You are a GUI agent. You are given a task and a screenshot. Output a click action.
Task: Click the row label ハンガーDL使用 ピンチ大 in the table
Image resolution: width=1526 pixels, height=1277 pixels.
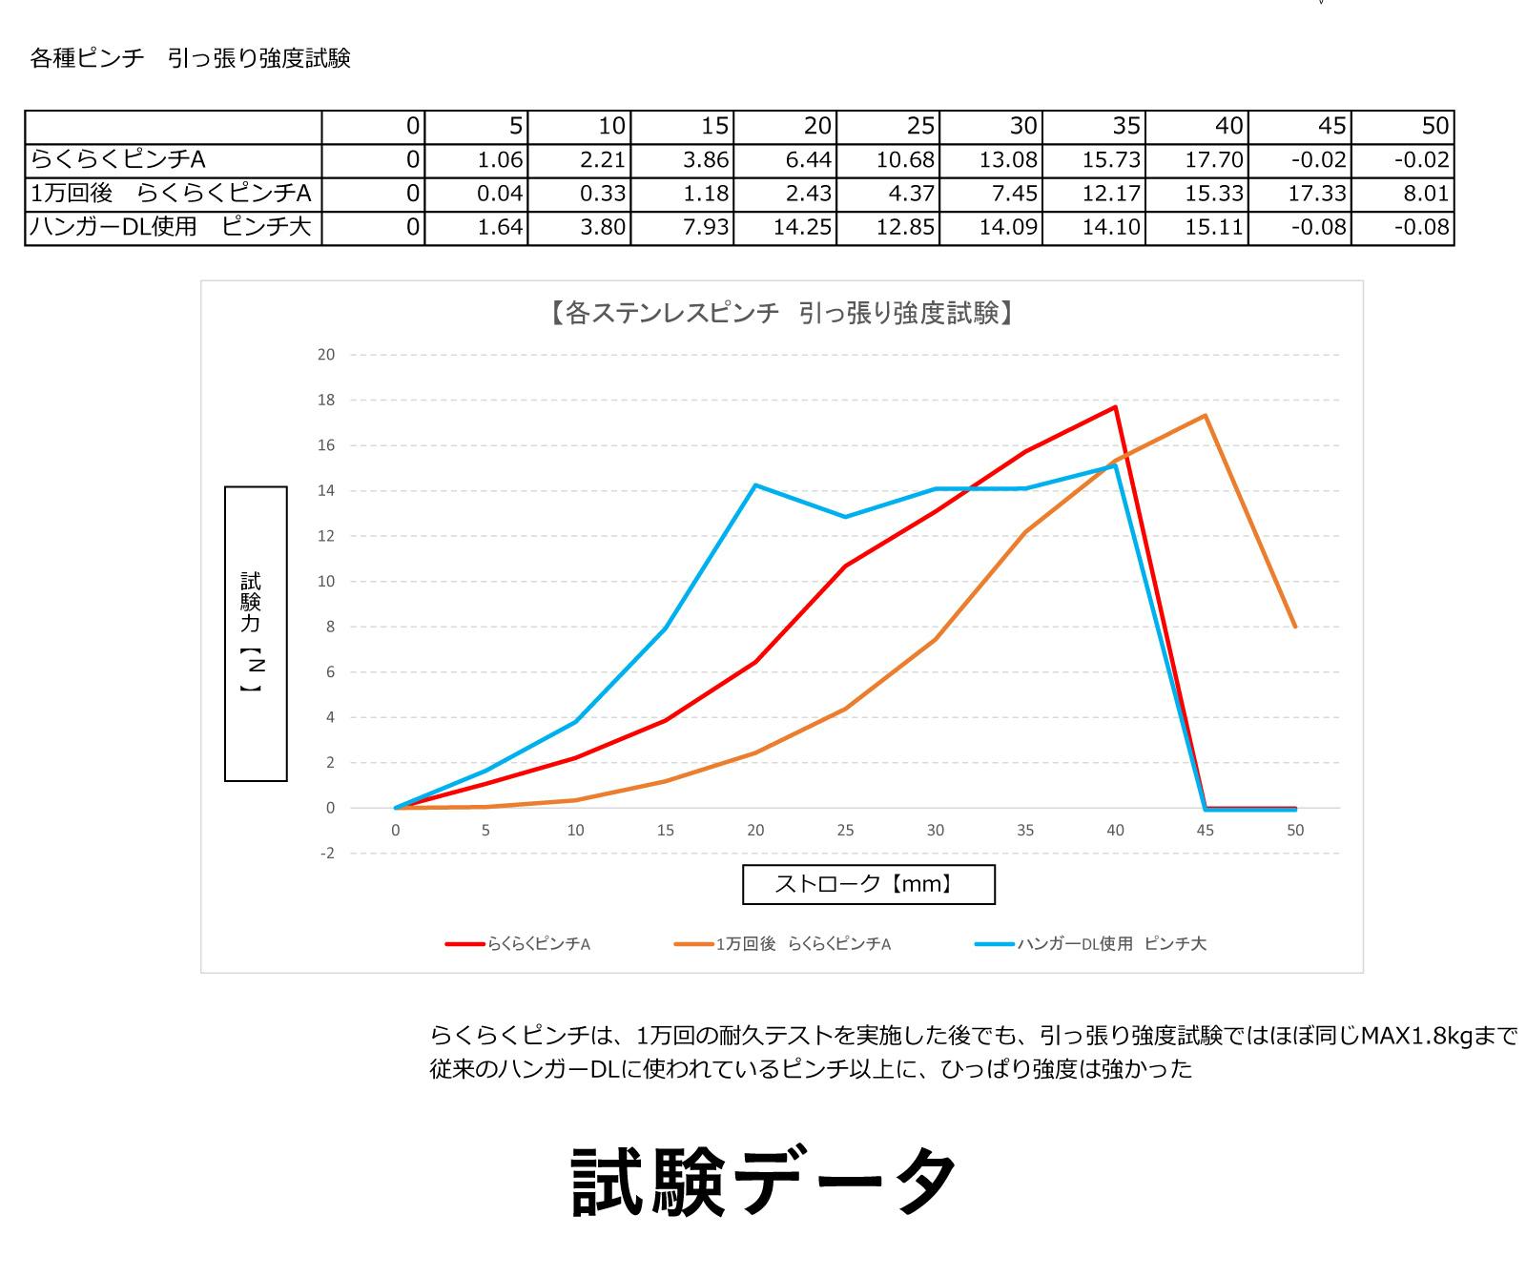click(172, 228)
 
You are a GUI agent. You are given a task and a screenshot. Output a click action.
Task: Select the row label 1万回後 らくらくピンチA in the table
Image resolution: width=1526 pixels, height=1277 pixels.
click(172, 194)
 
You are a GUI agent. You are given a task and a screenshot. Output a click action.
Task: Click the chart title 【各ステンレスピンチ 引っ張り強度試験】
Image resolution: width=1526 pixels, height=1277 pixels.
click(780, 313)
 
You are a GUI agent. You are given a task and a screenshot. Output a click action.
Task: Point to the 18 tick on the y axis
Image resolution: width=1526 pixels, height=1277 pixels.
click(326, 401)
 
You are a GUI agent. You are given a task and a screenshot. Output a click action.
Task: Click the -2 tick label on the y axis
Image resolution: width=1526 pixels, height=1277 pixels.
click(326, 854)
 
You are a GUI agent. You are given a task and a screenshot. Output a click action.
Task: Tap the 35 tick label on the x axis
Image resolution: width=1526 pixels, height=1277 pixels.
click(1025, 831)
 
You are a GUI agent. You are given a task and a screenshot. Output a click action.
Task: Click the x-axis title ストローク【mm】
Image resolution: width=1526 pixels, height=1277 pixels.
click(868, 884)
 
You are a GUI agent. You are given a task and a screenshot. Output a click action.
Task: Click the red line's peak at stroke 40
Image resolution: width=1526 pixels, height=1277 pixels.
click(1115, 407)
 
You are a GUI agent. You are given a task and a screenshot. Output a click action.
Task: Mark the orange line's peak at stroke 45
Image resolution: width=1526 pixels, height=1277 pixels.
click(1206, 415)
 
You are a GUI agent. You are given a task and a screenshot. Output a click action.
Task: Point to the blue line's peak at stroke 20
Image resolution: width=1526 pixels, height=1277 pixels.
click(755, 485)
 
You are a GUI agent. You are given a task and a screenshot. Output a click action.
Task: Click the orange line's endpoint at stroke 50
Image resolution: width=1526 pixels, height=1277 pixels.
click(1295, 627)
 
